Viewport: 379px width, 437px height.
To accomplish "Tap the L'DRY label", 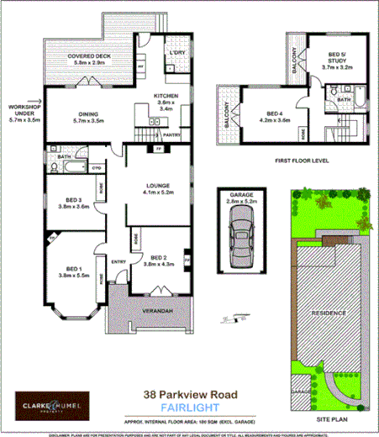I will coord(176,54).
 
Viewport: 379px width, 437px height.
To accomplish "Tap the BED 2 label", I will coord(157,258).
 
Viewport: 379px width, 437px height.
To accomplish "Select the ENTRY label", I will coord(118,261).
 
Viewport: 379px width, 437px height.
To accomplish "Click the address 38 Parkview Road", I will coord(191,393).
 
